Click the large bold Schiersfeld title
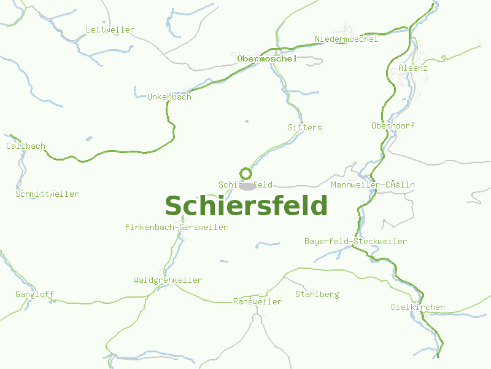pos(246,206)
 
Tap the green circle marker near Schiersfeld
pos(245,173)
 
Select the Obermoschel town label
pos(267,58)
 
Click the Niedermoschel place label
pos(346,39)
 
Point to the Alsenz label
pos(412,68)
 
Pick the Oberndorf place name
pos(393,125)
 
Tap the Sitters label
pos(304,127)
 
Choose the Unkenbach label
pos(169,97)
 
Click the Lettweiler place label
pos(110,30)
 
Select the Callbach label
pos(26,146)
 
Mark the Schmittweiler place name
pos(47,194)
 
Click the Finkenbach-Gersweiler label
pos(176,228)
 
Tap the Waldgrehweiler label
pos(168,280)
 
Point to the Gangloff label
pos(34,295)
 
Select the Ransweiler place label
pos(257,302)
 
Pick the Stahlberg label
pos(317,295)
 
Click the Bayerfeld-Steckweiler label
pos(355,241)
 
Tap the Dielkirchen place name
pos(418,307)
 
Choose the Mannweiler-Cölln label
pos(373,184)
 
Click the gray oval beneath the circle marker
pos(247,186)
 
